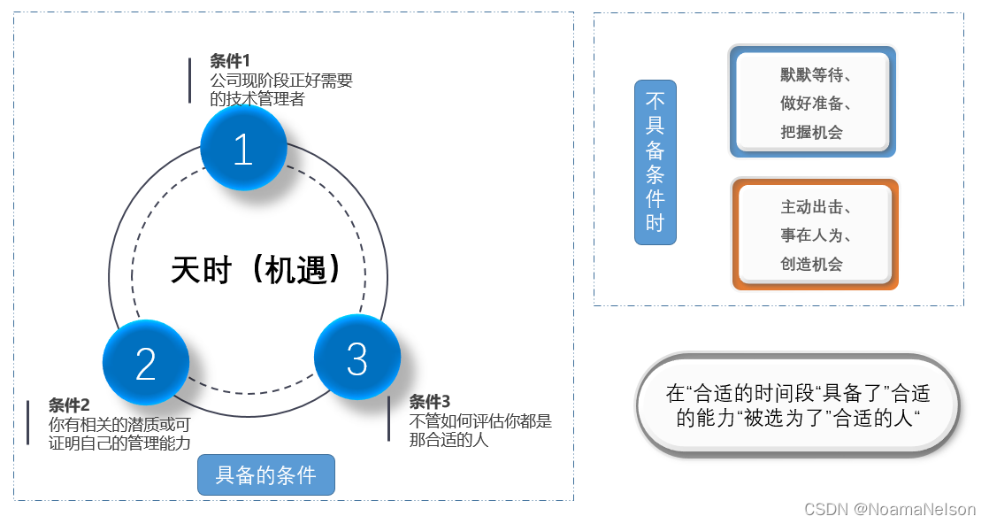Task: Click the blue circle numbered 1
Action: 243,150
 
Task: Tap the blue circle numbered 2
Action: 146,363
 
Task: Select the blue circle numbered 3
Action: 356,358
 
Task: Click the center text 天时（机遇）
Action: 256,270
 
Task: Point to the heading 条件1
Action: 230,61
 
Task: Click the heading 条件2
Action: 69,405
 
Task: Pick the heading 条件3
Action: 430,401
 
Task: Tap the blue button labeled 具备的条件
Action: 265,475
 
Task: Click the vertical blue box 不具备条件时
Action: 655,162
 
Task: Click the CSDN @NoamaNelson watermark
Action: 889,510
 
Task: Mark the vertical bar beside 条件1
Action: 189,81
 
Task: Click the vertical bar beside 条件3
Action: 388,419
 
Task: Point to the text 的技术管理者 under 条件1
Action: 257,99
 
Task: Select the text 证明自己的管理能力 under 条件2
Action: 119,443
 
